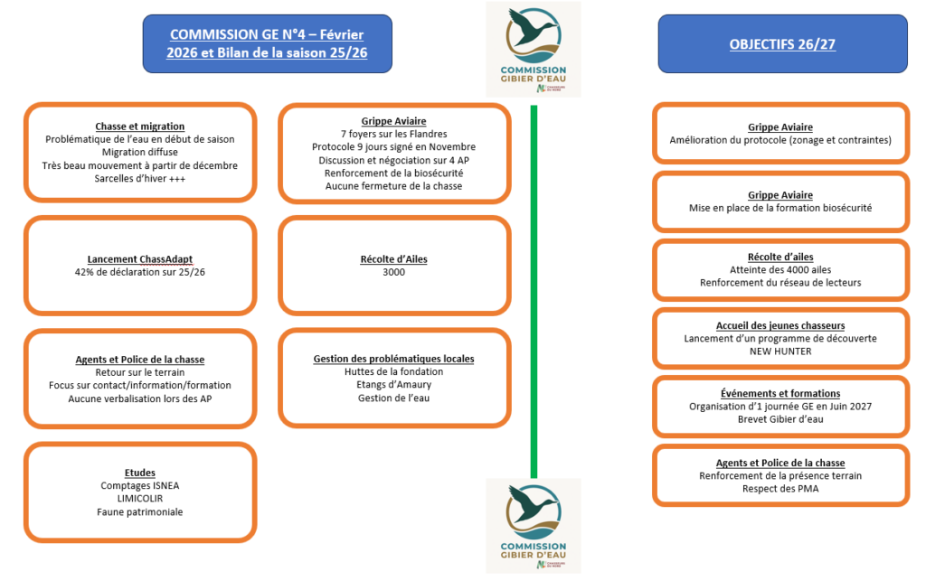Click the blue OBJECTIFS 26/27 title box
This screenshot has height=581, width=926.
pos(781,43)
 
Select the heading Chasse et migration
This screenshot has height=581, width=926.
pos(140,127)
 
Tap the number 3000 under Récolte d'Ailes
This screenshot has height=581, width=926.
pos(393,272)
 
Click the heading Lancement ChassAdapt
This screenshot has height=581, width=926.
pos(140,258)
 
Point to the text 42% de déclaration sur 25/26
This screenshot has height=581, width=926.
pos(140,271)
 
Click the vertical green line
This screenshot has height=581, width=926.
pos(534,289)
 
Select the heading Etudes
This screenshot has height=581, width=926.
pos(140,473)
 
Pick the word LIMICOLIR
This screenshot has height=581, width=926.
pos(140,499)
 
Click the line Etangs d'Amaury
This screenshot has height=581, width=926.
pos(393,385)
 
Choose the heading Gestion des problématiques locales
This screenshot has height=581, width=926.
pos(393,359)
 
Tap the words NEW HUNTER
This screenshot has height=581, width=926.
pos(780,351)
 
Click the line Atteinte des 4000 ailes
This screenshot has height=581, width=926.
pos(780,270)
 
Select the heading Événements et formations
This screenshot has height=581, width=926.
pos(780,394)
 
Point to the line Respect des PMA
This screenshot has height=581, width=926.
pos(780,489)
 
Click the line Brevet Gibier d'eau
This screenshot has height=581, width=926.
pos(780,419)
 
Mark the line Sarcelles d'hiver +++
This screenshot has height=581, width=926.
pos(140,178)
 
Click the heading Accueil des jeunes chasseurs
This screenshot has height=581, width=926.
pos(780,325)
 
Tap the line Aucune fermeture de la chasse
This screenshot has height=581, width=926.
pos(393,186)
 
